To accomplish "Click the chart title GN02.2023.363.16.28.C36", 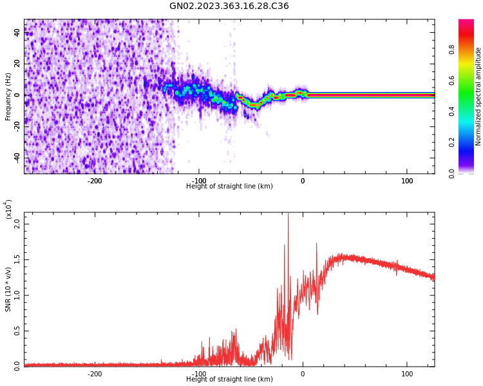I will [x=229, y=6].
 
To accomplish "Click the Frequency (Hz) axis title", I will [x=8, y=96].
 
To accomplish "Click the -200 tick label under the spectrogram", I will [x=95, y=181].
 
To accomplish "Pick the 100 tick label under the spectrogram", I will [x=407, y=181].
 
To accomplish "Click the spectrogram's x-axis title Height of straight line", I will [x=229, y=187].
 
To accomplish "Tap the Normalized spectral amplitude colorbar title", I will [x=478, y=96].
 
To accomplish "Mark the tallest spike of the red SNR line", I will [x=288, y=214].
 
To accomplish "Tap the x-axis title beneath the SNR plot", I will [x=229, y=380].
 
